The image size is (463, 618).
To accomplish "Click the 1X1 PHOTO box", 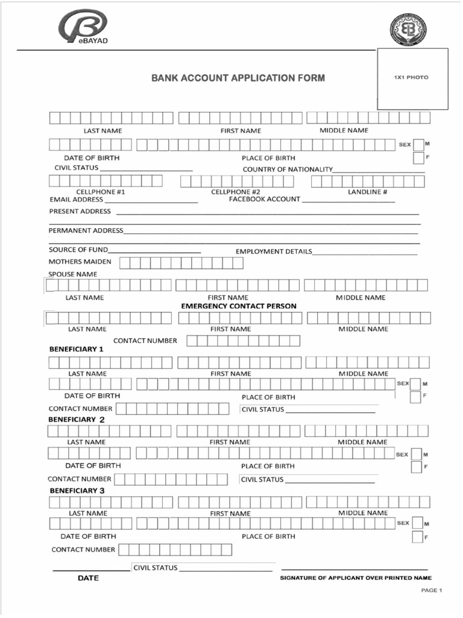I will pos(412,78).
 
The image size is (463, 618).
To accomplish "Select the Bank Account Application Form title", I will pos(238,78).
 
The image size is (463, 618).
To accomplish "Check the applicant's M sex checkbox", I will pos(418,144).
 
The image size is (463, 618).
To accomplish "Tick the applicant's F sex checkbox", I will pos(418,158).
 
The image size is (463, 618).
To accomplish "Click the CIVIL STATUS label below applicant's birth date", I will pos(77,167).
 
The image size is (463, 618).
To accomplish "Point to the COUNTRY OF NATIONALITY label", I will pos(288,169).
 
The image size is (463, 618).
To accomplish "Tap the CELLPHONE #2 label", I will pos(236,192).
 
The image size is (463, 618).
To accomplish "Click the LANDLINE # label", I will pos(368,192).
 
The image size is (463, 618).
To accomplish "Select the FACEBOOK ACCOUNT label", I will pos(265,199).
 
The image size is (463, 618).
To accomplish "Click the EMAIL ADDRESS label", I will pos(77,199).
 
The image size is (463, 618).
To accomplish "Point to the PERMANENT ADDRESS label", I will pos(86,231).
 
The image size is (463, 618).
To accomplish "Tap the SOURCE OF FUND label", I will pos(78,249).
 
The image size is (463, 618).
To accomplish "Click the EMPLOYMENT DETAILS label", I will pos(274,251).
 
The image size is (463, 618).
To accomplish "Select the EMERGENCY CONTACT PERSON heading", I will pos(239,306).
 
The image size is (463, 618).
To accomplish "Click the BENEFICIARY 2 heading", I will pos(77,419).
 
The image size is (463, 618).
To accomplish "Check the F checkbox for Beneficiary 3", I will pos(417,537).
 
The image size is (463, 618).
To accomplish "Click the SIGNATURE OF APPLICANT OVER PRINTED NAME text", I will pos(356,578).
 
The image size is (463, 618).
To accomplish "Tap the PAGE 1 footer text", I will pos(432,590).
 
